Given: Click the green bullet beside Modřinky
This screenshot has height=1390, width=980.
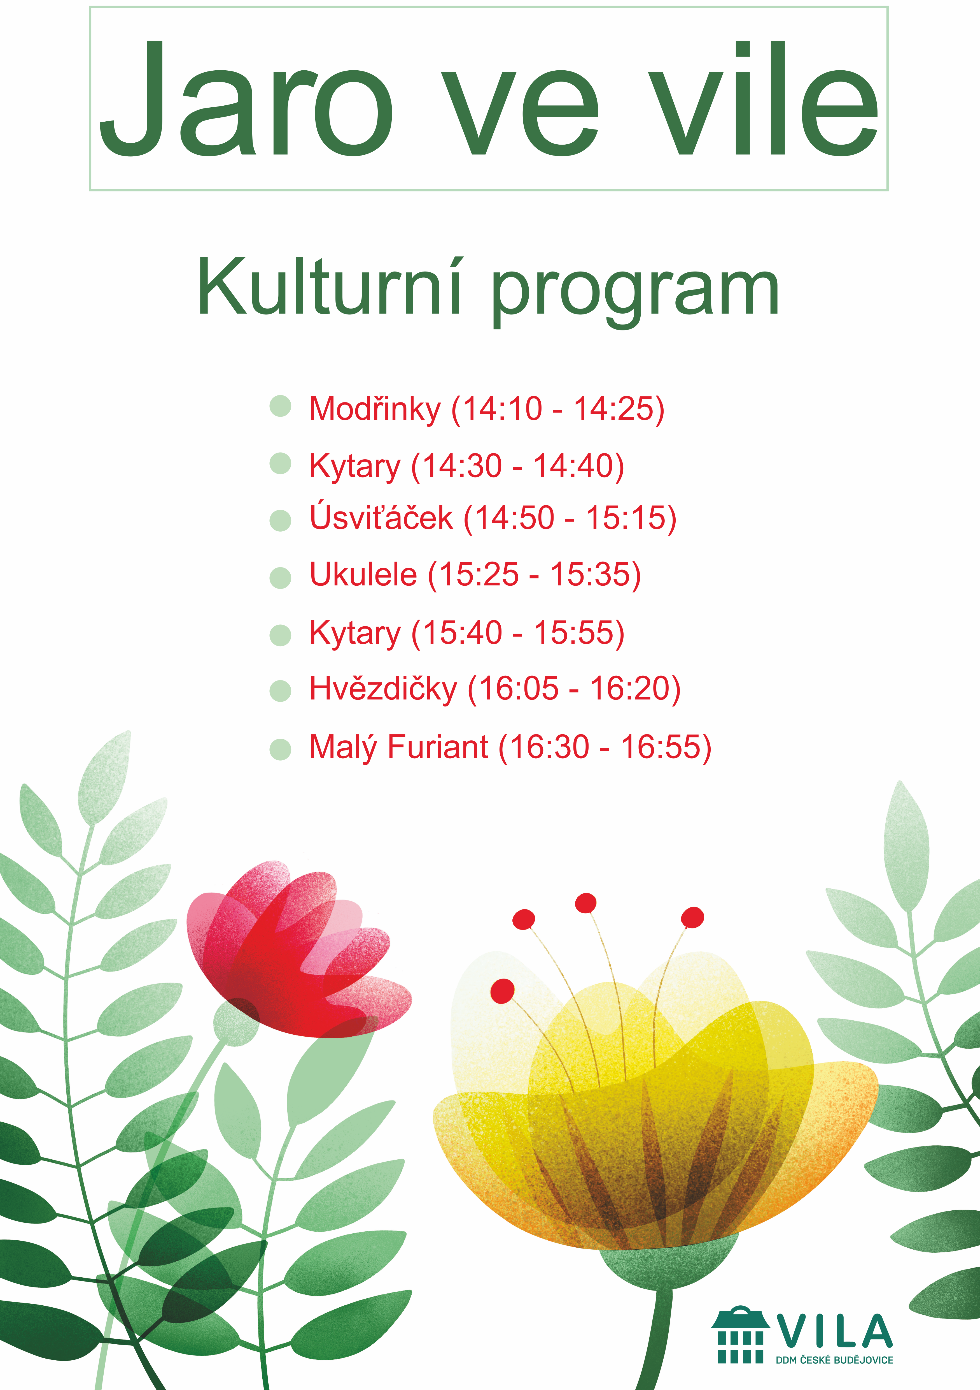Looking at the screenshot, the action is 280,406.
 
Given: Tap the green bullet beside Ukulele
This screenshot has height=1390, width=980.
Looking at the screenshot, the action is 280,578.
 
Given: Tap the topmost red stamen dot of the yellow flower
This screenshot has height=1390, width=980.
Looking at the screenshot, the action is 585,903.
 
